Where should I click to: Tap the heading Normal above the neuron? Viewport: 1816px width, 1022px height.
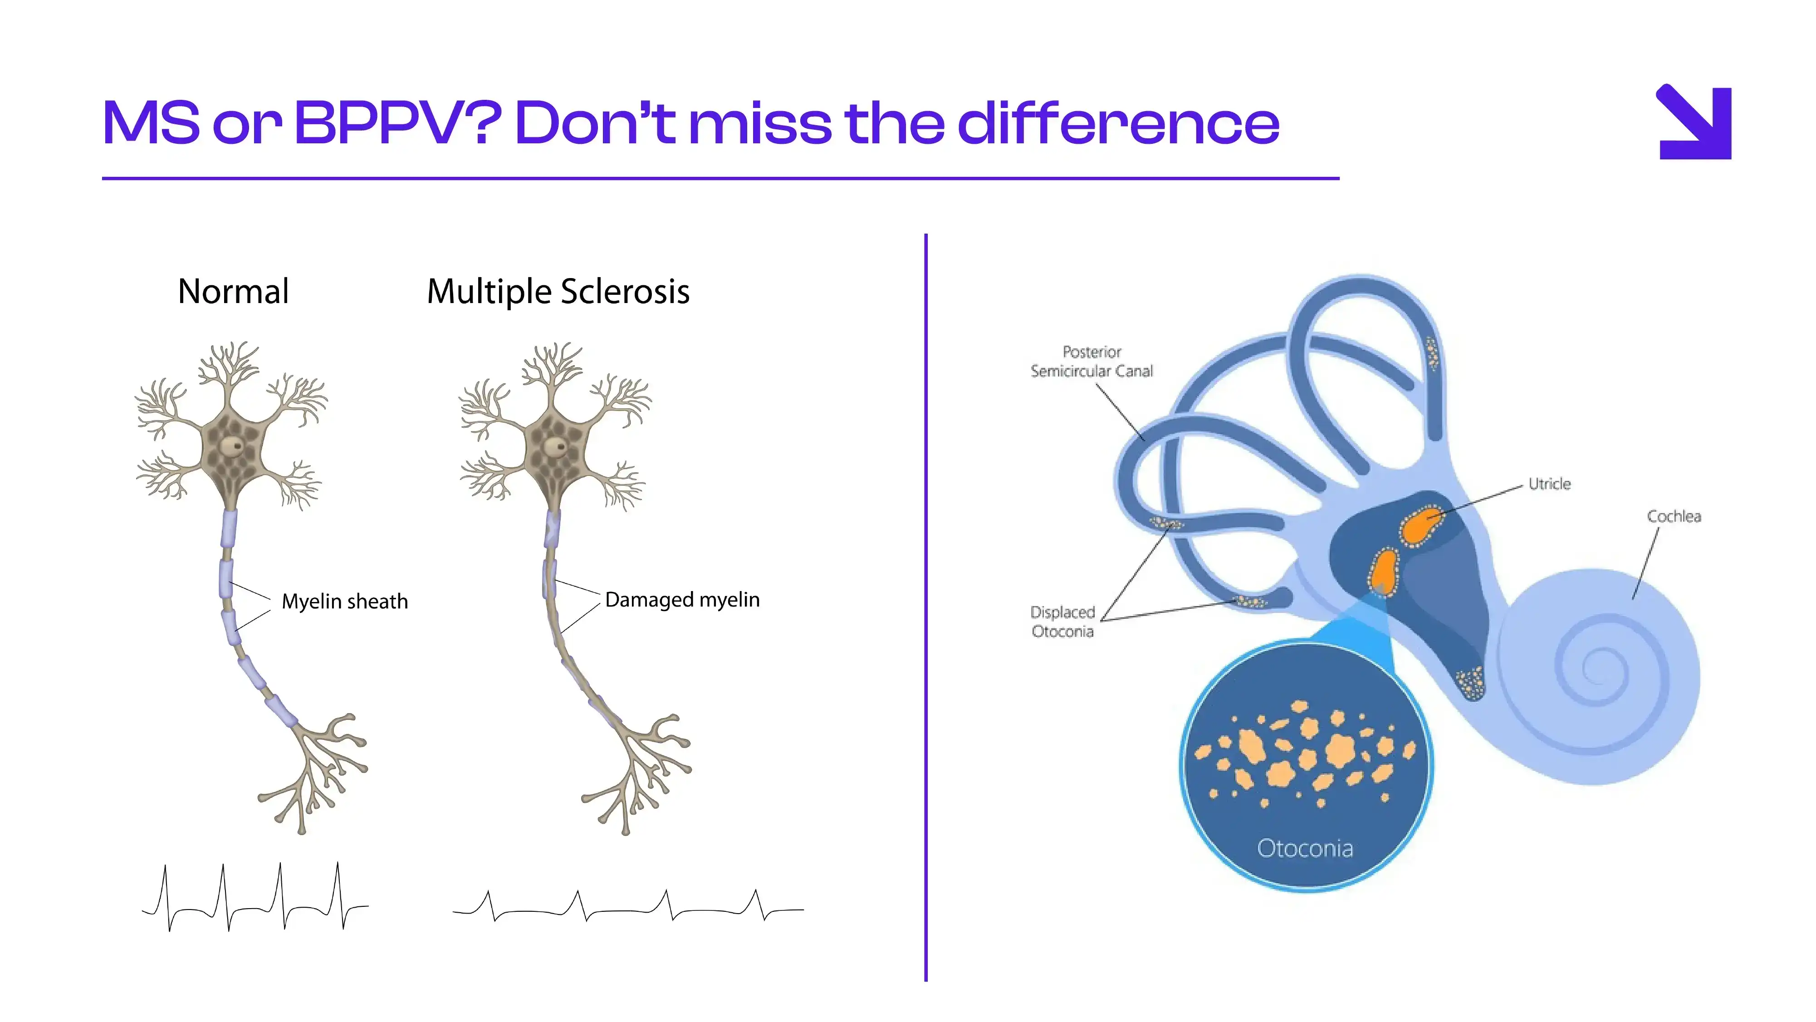tap(233, 291)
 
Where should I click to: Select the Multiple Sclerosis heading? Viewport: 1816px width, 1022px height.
tap(558, 292)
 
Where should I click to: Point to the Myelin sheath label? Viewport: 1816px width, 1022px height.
tap(345, 601)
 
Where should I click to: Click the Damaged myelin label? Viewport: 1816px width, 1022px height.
tap(682, 600)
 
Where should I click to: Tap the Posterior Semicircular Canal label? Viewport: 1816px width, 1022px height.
tap(1092, 362)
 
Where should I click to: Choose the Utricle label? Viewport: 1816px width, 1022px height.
tap(1550, 484)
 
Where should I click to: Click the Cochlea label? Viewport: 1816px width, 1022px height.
tap(1674, 516)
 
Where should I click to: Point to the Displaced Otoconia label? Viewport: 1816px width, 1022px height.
tap(1062, 621)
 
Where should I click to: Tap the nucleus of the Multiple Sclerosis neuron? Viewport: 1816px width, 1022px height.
tap(556, 446)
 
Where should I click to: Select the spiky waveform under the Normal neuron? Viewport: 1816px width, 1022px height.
tap(255, 896)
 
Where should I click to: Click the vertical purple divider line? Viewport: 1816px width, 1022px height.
tap(925, 607)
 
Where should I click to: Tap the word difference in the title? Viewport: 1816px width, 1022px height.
tap(1118, 122)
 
